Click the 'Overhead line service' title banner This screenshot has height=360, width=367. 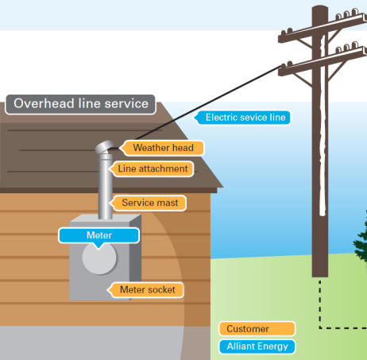[x=80, y=104]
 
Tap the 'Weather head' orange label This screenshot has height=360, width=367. [x=161, y=148]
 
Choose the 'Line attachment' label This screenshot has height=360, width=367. [x=152, y=168]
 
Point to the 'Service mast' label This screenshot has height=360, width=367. [x=149, y=203]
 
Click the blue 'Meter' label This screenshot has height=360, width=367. [x=99, y=235]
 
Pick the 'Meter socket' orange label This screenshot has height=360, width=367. [x=146, y=289]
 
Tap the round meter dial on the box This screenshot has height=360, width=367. [x=99, y=260]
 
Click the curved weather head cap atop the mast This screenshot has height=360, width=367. [x=105, y=149]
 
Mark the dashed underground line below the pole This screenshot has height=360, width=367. [x=321, y=306]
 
